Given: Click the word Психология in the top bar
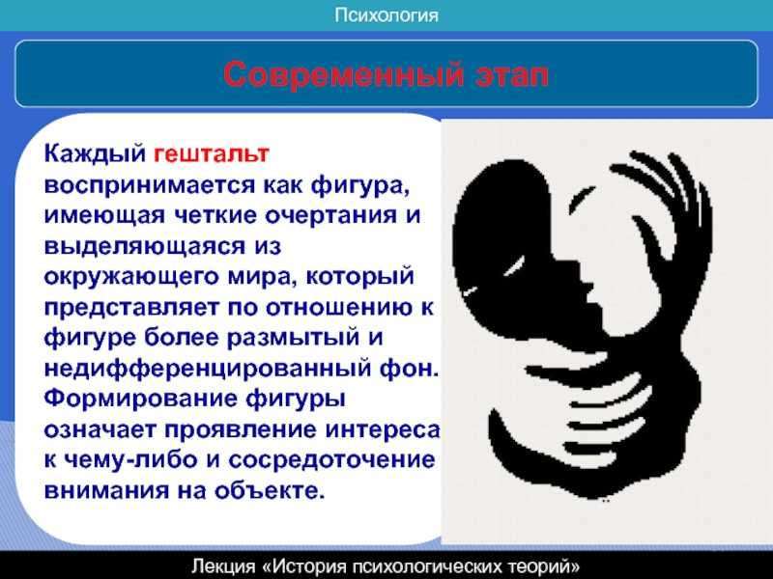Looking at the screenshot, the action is pos(386,15).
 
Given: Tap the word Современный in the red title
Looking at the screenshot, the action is pos(343,75).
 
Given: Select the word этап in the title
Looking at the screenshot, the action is pos(512,75).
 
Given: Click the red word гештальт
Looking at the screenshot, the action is pos(212,153).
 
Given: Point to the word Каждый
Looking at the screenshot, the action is pos(95,153).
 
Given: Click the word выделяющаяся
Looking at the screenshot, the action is pos(144,246).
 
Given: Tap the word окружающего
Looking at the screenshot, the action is pos(131,277).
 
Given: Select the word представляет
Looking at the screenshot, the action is pos(131,308).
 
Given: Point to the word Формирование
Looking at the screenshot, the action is pos(140,399).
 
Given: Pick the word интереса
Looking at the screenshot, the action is pos(382,429).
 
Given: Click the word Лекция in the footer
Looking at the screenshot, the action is pos(224,566).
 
